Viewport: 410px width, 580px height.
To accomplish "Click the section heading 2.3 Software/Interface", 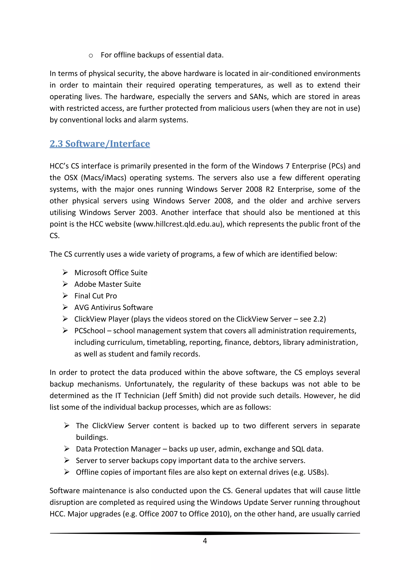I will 100,144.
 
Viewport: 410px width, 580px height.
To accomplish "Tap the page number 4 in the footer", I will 205,541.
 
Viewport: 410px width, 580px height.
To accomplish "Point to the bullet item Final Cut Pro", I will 95,296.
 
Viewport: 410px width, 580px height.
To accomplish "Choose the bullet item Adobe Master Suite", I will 108,284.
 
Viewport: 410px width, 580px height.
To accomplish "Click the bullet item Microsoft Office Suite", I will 111,273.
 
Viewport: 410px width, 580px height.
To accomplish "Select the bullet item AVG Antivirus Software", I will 114,307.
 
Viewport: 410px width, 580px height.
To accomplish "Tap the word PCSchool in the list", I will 90,331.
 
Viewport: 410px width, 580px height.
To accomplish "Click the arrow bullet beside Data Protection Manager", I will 67,449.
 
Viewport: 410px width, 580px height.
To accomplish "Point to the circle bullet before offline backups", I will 91,55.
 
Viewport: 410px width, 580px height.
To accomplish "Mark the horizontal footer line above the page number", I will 205,533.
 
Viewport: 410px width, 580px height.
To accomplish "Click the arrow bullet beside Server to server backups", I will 67,460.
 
